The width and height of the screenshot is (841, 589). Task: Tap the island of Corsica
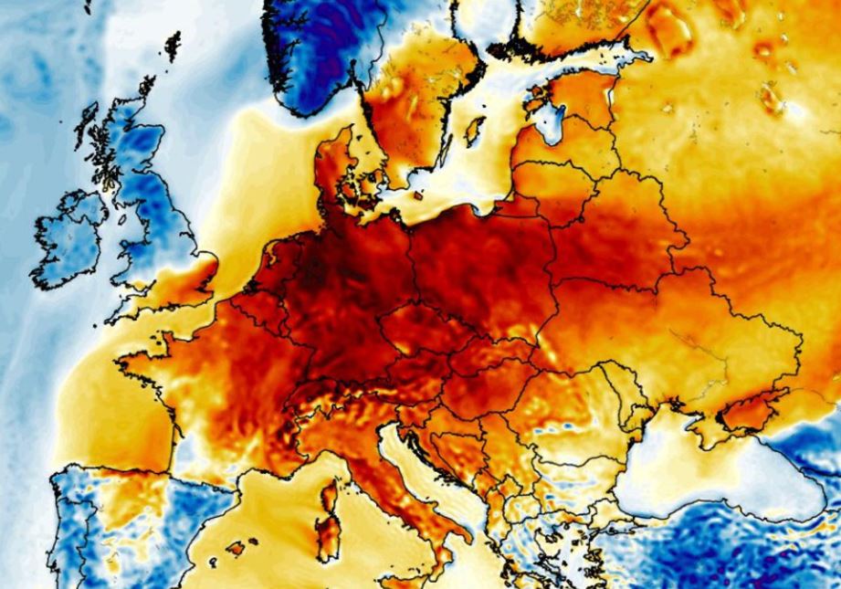330,497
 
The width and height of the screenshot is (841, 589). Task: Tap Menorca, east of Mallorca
257,537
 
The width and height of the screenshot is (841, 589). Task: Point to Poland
475,256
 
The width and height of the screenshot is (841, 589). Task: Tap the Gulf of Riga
549,123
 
